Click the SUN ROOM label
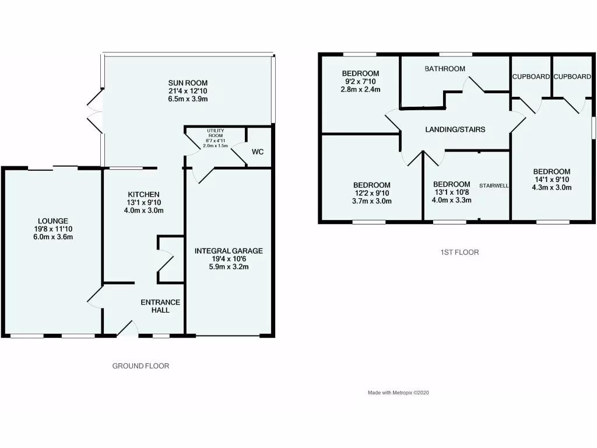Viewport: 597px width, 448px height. (x=187, y=83)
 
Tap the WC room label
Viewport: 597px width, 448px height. (x=258, y=152)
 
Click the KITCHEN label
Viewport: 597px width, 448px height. (x=144, y=194)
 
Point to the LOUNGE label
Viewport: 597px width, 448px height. (x=53, y=221)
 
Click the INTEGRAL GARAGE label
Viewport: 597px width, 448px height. (x=229, y=251)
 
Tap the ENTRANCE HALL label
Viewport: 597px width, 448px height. (x=160, y=306)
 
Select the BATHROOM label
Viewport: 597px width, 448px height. (x=445, y=69)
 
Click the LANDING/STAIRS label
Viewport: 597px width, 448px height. (x=455, y=129)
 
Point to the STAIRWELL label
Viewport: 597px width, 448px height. (x=494, y=185)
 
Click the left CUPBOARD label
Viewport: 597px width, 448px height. (x=531, y=76)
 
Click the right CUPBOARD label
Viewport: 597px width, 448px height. (x=572, y=76)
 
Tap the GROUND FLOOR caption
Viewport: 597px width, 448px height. (x=141, y=366)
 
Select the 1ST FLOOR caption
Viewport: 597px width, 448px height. (x=460, y=253)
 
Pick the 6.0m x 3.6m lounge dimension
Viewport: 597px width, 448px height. (x=53, y=237)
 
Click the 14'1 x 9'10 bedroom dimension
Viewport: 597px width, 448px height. (x=552, y=180)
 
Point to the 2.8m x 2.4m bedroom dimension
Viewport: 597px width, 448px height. (x=360, y=90)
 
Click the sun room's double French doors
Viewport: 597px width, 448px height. (x=94, y=111)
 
